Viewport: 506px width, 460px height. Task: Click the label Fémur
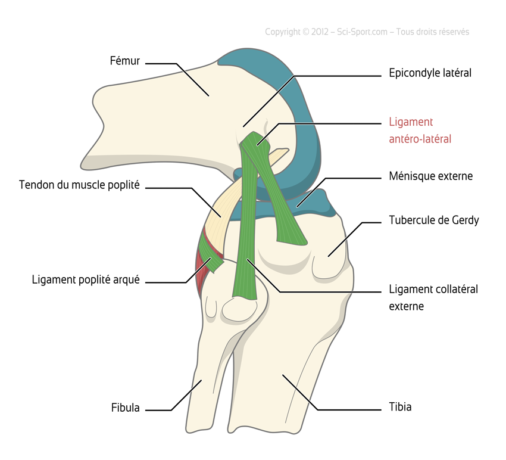pos(124,60)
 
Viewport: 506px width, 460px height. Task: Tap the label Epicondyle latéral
pos(430,73)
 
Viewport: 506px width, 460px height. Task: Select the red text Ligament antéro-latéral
pos(420,130)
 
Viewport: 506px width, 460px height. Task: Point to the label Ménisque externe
pos(430,176)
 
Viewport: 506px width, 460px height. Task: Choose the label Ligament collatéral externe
pos(433,298)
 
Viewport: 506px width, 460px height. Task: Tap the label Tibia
pos(400,408)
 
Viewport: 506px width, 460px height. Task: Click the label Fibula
pos(125,408)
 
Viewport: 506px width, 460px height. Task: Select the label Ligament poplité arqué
pos(86,279)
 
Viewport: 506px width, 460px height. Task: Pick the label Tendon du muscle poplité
pos(79,185)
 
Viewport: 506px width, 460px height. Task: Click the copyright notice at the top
pos(367,32)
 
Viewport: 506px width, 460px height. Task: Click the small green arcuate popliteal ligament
pos(212,255)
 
